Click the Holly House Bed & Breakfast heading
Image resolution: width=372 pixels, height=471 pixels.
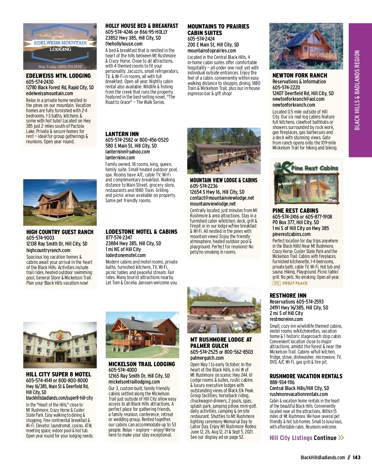[x=142, y=26]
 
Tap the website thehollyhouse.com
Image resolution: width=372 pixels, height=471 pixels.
[x=124, y=44]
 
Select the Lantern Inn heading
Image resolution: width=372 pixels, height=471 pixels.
[x=122, y=134]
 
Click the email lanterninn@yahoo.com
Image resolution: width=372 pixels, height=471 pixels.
[x=127, y=152]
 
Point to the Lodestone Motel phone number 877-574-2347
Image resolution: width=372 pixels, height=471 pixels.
[x=119, y=238]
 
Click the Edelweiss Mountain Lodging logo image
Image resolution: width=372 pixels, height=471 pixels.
[x=60, y=46]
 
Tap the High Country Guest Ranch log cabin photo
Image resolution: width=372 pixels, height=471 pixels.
[x=60, y=202]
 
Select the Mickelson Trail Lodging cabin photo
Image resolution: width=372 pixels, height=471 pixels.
[x=142, y=335]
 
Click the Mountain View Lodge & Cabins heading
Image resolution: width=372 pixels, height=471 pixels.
[x=224, y=180]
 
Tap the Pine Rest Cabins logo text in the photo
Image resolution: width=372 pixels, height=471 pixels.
[x=314, y=168]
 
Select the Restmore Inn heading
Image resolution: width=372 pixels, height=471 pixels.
[x=288, y=295]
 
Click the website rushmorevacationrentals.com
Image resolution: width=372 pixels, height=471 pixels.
[x=299, y=394]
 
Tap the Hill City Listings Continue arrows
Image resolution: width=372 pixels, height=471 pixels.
[x=341, y=438]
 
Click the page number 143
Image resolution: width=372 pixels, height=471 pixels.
[x=356, y=457]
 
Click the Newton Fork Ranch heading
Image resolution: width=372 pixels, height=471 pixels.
[x=300, y=75]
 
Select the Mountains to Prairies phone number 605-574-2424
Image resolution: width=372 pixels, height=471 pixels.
[x=201, y=39]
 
